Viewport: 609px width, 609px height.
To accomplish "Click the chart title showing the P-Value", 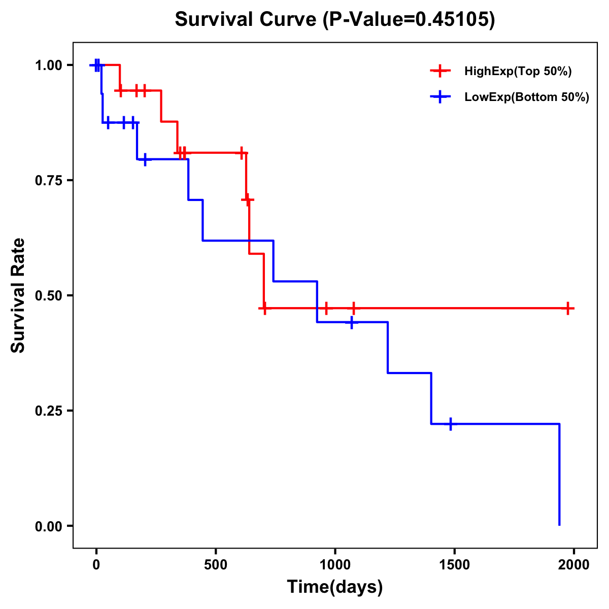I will [334, 19].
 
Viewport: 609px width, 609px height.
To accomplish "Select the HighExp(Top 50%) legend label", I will [518, 72].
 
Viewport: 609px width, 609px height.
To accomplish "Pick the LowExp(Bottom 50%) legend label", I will [527, 97].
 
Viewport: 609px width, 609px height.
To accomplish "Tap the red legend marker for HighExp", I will [441, 71].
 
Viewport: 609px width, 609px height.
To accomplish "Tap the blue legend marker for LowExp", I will [441, 97].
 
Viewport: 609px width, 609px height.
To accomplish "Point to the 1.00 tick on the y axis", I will [49, 65].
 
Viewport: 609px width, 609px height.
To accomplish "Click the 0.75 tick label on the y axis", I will [49, 181].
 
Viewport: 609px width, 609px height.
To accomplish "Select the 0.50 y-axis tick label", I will [49, 296].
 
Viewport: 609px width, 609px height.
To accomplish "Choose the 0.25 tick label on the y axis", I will [49, 411].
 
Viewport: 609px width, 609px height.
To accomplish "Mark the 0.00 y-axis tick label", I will [49, 526].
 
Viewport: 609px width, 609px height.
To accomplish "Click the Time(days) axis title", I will [335, 587].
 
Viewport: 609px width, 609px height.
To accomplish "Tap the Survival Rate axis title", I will [18, 295].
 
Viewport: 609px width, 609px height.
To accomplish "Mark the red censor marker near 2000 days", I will [568, 308].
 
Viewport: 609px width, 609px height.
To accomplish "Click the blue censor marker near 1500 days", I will [450, 424].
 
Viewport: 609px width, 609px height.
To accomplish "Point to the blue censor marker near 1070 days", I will [351, 322].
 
